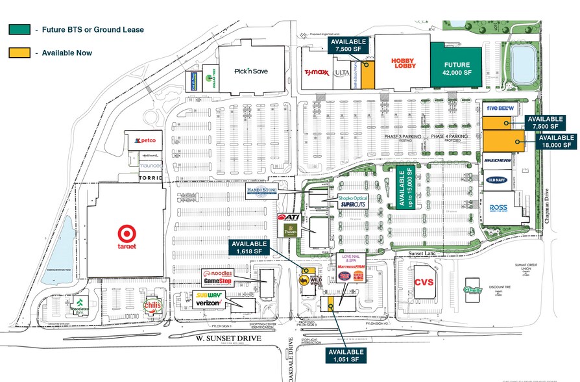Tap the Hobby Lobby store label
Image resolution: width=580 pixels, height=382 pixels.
pos(402,63)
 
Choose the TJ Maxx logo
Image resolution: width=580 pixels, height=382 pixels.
pos(317,73)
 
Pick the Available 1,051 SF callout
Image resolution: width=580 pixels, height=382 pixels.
pos(343,355)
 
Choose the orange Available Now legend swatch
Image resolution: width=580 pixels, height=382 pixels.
pos(19,53)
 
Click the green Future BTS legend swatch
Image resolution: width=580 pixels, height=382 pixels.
pos(19,29)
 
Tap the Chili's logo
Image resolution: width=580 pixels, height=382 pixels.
pos(152,306)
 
